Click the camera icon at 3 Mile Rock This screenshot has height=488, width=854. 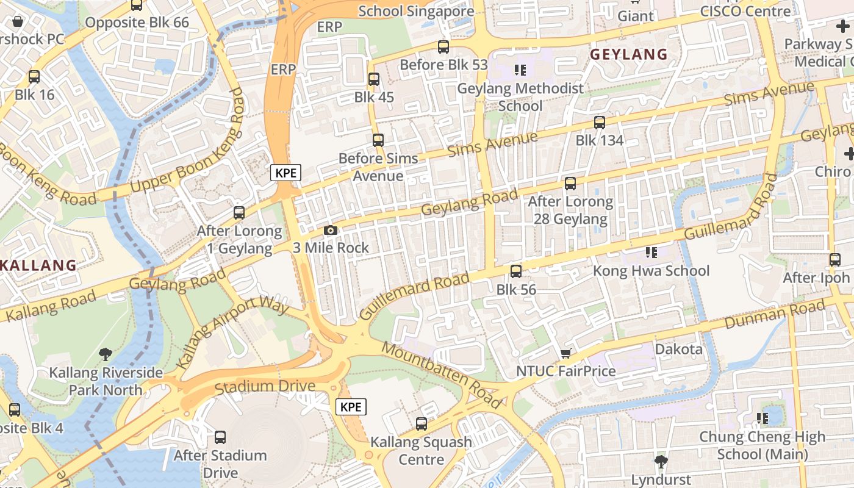click(x=330, y=230)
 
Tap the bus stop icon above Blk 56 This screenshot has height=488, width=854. click(x=516, y=271)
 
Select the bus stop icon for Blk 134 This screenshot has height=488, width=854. click(x=600, y=123)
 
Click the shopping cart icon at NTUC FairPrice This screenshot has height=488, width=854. click(x=566, y=354)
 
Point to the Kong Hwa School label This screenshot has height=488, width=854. click(x=651, y=271)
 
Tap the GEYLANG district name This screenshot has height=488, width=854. click(x=628, y=55)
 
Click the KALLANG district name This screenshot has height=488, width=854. click(x=38, y=265)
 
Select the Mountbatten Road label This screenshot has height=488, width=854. click(x=443, y=375)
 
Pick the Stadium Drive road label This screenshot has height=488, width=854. click(x=265, y=387)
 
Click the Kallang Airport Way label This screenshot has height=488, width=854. click(x=232, y=332)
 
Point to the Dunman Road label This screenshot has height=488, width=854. click(x=775, y=315)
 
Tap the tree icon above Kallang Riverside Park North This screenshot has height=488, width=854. click(x=106, y=354)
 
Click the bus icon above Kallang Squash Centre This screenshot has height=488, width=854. click(x=421, y=423)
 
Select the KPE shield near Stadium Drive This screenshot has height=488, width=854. click(x=351, y=407)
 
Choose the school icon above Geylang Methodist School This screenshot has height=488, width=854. click(x=520, y=70)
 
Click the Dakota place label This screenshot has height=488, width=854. click(x=678, y=350)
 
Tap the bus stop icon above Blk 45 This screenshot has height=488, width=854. click(x=374, y=79)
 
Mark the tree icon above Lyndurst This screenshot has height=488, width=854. click(x=661, y=461)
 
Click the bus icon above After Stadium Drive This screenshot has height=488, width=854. click(x=220, y=437)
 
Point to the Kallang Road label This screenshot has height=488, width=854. click(x=51, y=306)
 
